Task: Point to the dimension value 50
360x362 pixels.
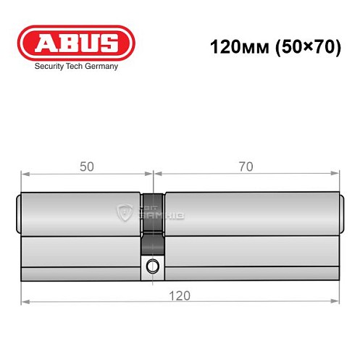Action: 86,167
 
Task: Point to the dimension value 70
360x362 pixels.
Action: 246,167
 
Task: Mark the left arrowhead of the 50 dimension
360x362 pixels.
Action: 23,174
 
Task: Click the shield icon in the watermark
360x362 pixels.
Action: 122,212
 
